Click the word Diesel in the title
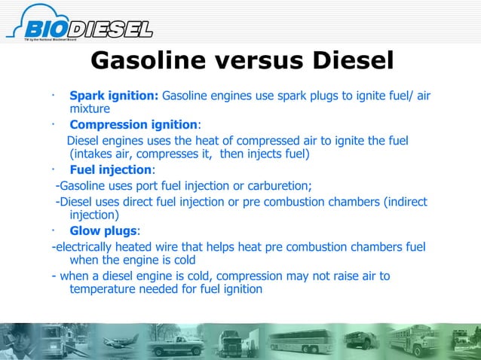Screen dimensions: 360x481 pyautogui.click(x=341, y=60)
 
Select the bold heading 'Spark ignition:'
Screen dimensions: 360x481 pyautogui.click(x=114, y=96)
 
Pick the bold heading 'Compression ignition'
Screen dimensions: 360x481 pyautogui.click(x=133, y=124)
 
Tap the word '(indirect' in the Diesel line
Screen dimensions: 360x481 pyautogui.click(x=403, y=201)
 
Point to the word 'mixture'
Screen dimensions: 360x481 pyautogui.click(x=90, y=110)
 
